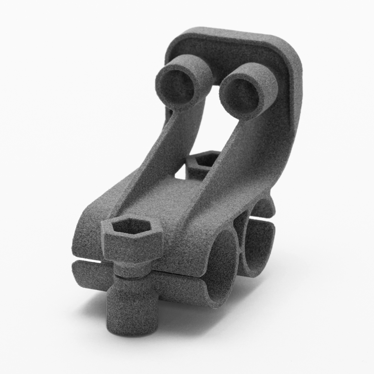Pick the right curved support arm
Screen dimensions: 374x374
(x=239, y=157)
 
